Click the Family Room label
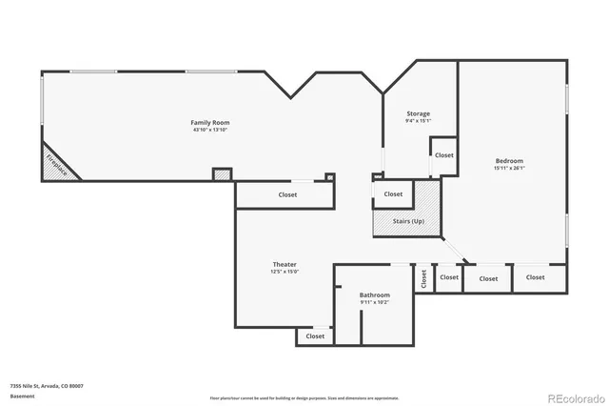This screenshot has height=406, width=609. click(x=209, y=122)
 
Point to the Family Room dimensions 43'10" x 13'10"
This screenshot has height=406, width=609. click(x=209, y=130)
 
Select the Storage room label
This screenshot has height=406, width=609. click(x=418, y=113)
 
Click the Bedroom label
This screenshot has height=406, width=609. click(x=508, y=161)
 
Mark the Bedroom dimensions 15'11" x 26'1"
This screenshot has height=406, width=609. click(x=508, y=169)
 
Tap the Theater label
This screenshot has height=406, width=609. click(x=285, y=264)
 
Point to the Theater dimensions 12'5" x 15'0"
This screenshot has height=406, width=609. click(x=285, y=272)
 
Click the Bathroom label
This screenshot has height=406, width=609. click(x=374, y=295)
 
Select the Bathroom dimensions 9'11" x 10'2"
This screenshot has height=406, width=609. click(x=374, y=303)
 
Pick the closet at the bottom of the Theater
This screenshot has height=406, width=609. click(x=315, y=335)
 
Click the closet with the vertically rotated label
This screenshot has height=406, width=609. click(x=423, y=278)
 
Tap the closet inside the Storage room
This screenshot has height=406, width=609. click(x=443, y=154)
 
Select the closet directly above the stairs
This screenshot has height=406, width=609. click(x=393, y=193)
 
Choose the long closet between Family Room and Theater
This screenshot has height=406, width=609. click(x=287, y=194)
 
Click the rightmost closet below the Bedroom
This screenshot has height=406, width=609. click(x=536, y=277)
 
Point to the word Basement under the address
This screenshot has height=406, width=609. click(x=22, y=395)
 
